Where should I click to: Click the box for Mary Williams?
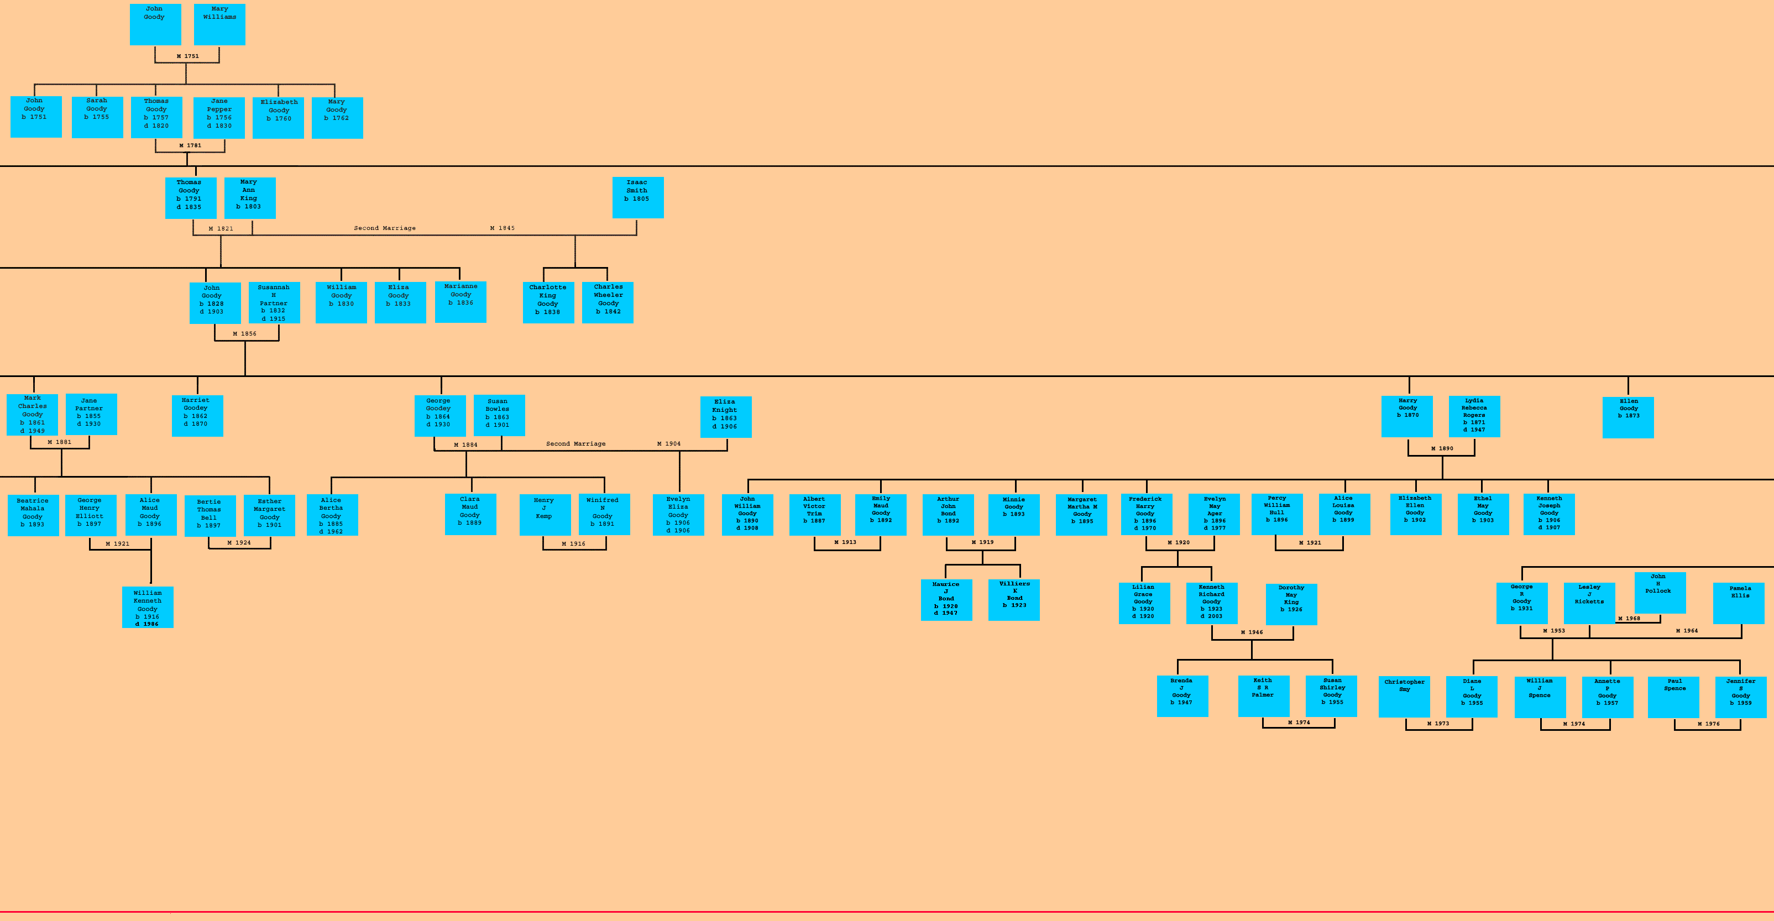[x=219, y=24]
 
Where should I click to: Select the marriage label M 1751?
[x=187, y=56]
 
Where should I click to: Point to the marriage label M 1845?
[x=502, y=228]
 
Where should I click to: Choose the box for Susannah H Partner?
[x=274, y=302]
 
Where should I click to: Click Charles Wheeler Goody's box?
[x=608, y=302]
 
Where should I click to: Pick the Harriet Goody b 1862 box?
[x=197, y=415]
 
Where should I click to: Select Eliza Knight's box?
[x=726, y=417]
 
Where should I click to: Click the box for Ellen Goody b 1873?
[x=1628, y=417]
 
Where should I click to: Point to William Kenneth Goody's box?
[x=148, y=607]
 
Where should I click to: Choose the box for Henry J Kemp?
[x=545, y=515]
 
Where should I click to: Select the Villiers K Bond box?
[x=1014, y=600]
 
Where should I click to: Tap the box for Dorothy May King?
[x=1291, y=604]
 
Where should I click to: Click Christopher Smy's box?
[x=1404, y=697]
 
